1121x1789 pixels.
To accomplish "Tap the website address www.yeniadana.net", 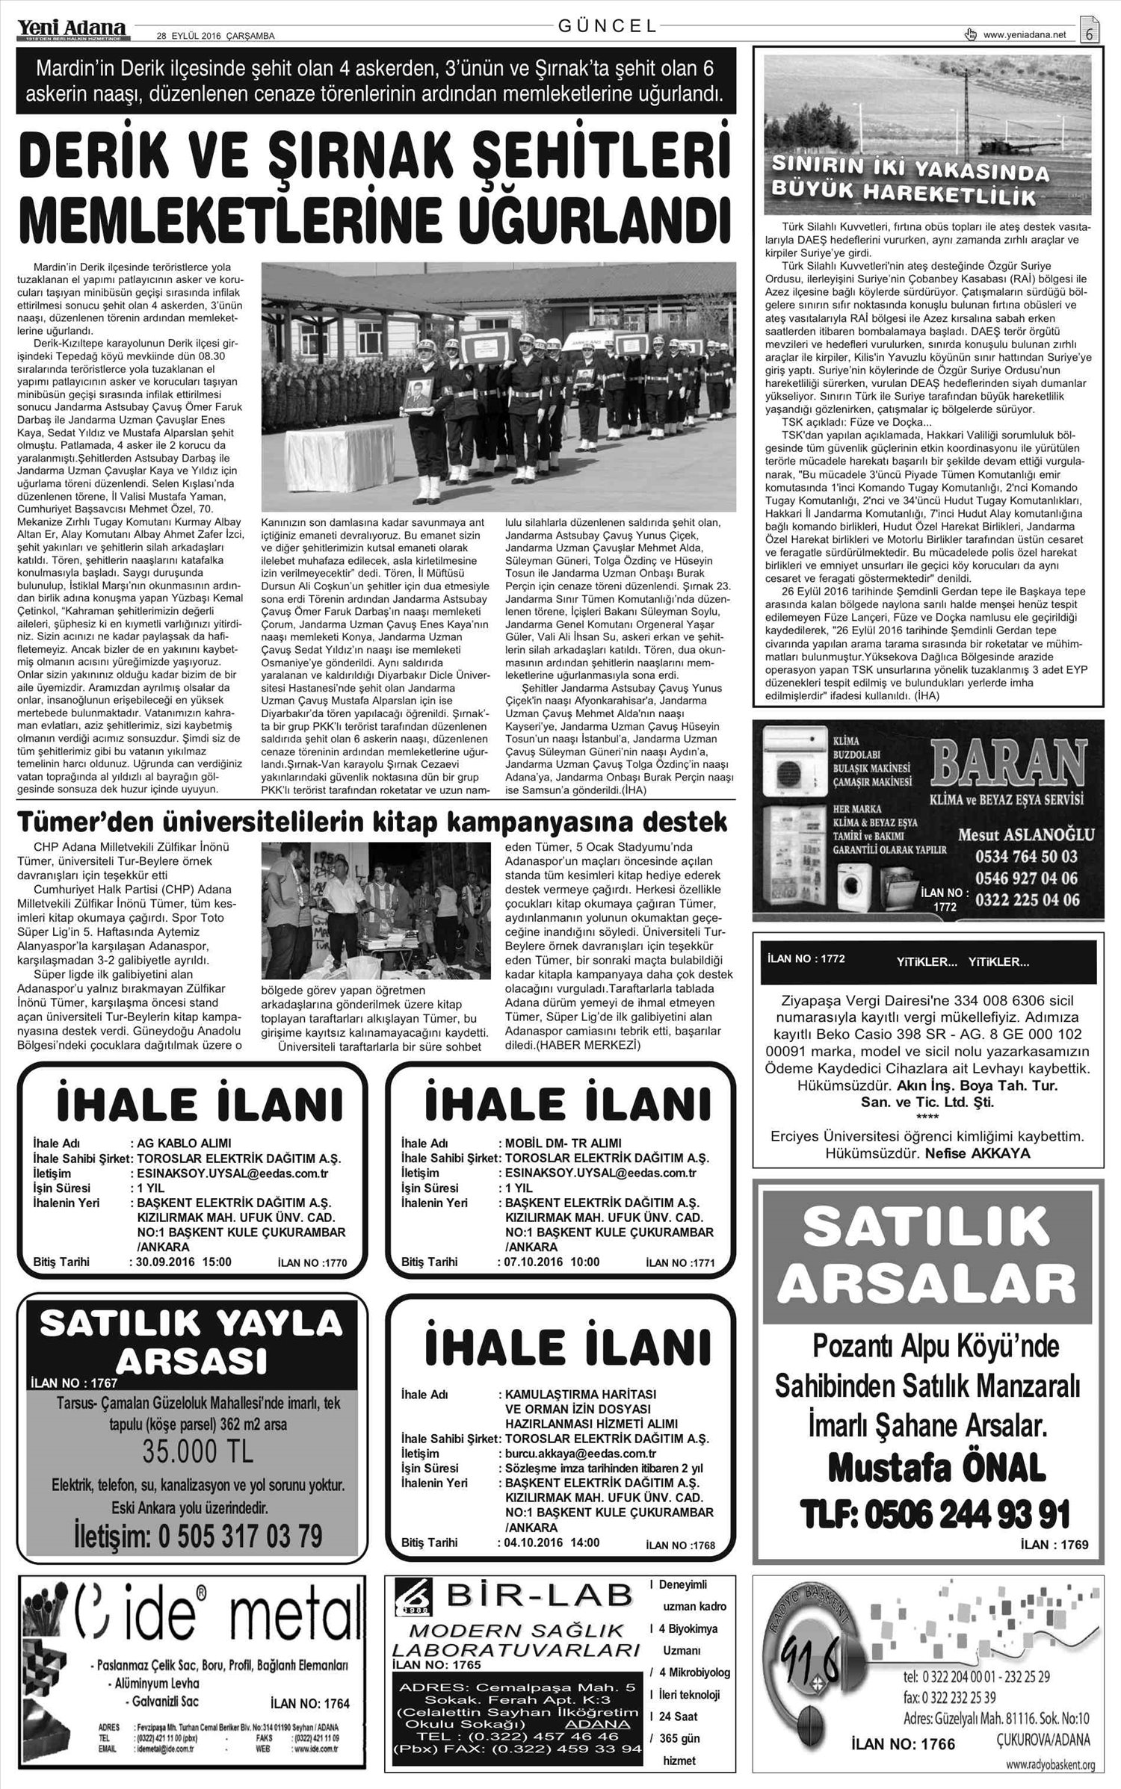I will (1025, 34).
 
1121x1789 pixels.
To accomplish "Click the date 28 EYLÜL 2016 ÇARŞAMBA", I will (216, 36).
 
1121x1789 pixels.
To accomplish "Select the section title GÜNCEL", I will (608, 26).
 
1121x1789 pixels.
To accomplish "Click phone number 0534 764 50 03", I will (1026, 857).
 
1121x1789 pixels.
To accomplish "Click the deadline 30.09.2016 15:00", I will (184, 1262).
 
